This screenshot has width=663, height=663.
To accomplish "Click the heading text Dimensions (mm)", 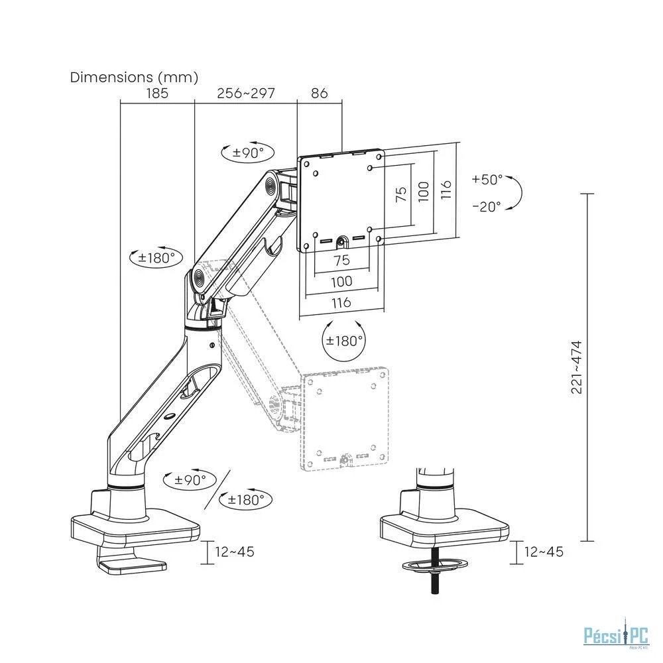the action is tap(134, 78).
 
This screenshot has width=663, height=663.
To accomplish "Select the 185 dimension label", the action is tap(157, 93).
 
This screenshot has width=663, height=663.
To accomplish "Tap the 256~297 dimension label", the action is tap(246, 93).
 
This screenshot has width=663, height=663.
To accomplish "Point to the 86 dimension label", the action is tap(320, 93).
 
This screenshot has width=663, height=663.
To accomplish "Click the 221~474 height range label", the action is tap(577, 367).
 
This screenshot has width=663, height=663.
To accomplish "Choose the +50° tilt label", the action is tap(487, 179).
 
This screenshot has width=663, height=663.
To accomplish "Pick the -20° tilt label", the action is tap(487, 206).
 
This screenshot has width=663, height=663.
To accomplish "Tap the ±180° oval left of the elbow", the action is tap(156, 257).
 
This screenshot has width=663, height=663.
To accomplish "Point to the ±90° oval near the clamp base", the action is tap(190, 480).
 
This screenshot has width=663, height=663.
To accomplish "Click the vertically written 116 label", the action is tap(446, 190).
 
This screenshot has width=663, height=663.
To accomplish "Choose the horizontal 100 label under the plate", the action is tap(341, 281).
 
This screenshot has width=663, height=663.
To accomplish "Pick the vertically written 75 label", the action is tap(401, 194).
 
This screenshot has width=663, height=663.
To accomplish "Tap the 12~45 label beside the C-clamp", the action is tap(235, 552).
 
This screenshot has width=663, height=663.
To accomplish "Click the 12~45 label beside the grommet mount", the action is tap(544, 552).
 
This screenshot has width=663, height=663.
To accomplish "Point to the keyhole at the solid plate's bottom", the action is tap(341, 241).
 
